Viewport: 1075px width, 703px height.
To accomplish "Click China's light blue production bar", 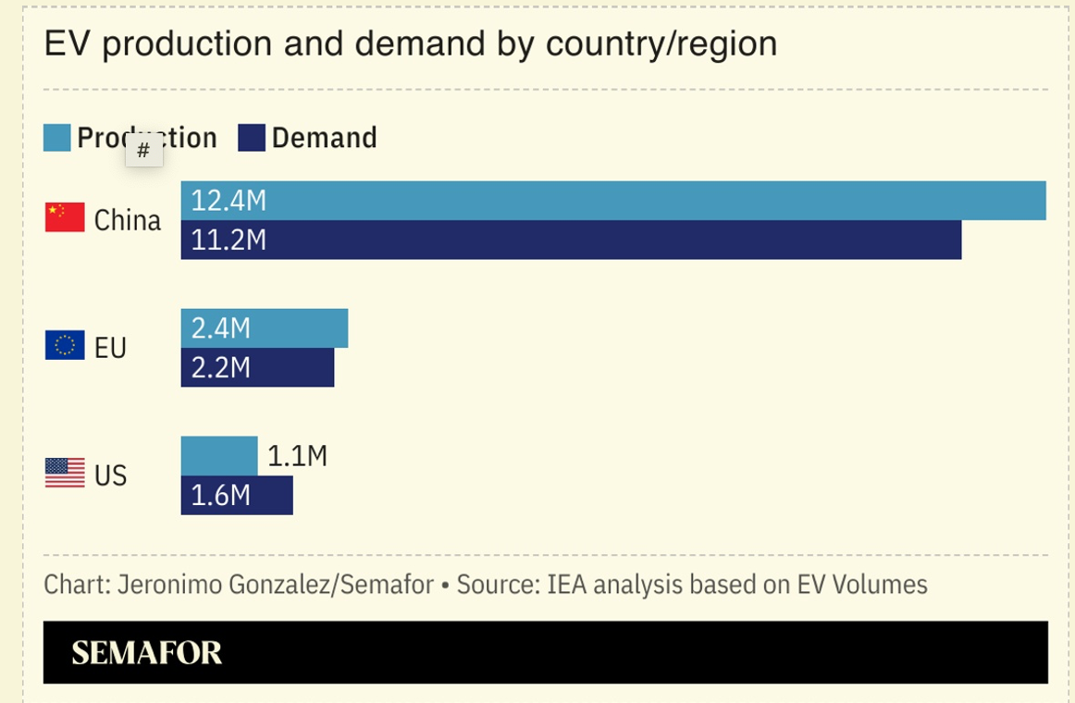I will [648, 201].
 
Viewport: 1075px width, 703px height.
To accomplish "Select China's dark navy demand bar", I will [601, 240].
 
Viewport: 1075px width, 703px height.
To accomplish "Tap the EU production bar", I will [296, 328].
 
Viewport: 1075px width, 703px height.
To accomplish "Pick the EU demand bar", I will [287, 368].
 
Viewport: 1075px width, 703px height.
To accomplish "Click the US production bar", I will [219, 456].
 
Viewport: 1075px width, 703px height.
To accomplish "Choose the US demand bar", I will [268, 496].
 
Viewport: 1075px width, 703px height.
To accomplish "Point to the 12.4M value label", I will [229, 201].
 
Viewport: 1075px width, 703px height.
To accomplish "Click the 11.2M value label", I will [229, 240].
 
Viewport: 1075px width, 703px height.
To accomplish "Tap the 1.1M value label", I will [297, 456].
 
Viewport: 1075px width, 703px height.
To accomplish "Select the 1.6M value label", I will [221, 496].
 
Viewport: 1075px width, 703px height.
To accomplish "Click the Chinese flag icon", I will [65, 217].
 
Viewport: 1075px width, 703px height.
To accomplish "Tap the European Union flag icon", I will [65, 345].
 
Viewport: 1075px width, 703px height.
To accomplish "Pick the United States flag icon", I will [65, 473].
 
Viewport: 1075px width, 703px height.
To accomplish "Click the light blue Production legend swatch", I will [57, 138].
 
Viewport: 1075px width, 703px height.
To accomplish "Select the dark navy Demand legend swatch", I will [252, 138].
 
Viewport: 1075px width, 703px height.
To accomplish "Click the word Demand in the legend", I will [324, 138].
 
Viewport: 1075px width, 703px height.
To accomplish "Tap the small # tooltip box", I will [143, 151].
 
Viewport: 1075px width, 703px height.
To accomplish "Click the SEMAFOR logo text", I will [147, 653].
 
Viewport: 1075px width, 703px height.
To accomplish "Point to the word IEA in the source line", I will [566, 585].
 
